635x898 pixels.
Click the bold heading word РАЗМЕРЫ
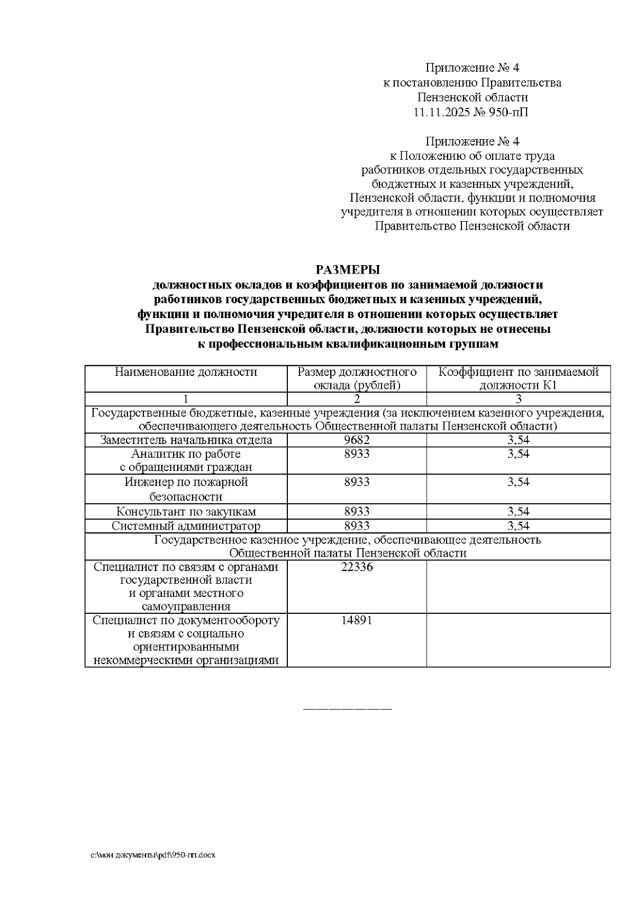[348, 270]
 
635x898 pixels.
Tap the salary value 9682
[357, 440]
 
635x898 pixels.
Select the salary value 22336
[357, 567]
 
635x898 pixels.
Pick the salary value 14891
[357, 620]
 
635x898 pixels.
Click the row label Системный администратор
[186, 526]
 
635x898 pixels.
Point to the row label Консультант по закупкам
[186, 512]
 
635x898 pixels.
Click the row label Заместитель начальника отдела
[186, 440]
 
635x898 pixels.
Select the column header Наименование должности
[186, 372]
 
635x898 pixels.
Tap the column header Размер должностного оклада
[357, 378]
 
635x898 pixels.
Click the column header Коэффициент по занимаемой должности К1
[518, 378]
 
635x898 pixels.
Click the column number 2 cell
[357, 399]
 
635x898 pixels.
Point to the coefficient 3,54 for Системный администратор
[518, 526]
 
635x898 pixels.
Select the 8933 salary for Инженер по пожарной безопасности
[357, 482]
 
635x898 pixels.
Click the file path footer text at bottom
[153, 855]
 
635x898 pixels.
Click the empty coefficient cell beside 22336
[518, 586]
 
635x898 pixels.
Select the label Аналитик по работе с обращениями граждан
[186, 460]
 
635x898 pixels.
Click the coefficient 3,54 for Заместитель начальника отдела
[518, 440]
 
